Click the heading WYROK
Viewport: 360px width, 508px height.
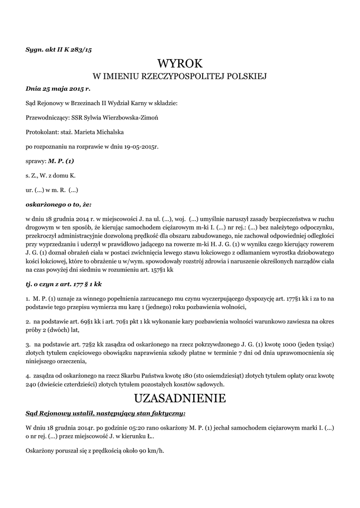point(180,63)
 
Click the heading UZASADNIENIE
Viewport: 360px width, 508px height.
point(180,398)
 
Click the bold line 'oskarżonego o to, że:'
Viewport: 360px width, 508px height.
point(59,204)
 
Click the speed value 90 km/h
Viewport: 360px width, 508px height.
point(152,450)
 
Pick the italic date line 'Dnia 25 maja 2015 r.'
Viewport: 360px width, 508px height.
point(58,88)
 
